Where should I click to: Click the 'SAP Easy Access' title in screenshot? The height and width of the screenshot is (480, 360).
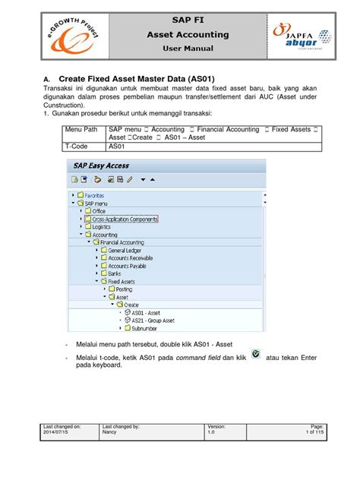[102, 166]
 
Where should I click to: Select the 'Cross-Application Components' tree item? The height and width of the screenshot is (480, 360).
[122, 219]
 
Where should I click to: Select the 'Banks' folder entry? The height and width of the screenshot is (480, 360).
[115, 273]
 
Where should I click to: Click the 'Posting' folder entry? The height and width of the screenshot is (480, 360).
[124, 289]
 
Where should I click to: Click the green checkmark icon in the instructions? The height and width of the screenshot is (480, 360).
[254, 355]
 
